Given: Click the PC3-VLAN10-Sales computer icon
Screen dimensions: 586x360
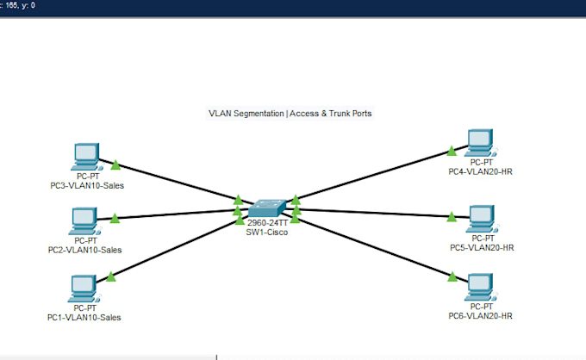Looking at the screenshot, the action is coord(87,157).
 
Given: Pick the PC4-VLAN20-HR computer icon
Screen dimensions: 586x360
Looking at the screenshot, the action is coord(481,143).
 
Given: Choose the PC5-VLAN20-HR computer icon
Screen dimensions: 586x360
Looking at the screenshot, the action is coord(482,219).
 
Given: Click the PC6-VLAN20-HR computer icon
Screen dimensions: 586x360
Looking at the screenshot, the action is coord(481,287).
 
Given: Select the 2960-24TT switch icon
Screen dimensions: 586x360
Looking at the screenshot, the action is coord(267,208).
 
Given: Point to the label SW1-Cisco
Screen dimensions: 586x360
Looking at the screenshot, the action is coord(267,233).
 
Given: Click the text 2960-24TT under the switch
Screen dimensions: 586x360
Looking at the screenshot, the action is coord(268,223).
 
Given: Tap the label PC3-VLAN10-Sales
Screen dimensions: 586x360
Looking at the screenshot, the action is coord(87,186).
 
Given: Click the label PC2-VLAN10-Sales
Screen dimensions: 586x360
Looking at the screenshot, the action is coord(84,250).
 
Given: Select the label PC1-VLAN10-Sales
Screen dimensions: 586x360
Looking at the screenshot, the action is coord(84,318).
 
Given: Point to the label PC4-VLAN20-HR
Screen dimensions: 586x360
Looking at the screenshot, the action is coord(480,171).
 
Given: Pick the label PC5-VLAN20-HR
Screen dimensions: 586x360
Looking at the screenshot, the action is coord(482,247).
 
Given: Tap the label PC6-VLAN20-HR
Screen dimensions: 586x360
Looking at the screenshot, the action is coord(480,316).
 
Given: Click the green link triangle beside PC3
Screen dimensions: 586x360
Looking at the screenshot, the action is coord(115,165).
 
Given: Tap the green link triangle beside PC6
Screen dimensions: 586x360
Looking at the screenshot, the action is coord(452,276).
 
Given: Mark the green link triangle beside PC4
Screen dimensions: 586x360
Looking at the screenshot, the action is coord(452,151).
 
